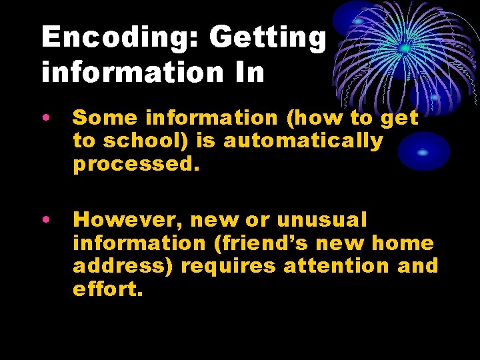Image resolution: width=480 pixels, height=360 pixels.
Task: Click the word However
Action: click(125, 219)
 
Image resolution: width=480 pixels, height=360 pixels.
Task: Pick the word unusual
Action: click(321, 219)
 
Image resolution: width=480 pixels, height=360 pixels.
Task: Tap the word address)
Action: click(123, 266)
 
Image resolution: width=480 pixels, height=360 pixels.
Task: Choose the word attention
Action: click(337, 266)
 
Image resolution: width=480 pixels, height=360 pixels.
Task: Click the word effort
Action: click(107, 289)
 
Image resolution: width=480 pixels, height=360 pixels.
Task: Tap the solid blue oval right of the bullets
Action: click(424, 151)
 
